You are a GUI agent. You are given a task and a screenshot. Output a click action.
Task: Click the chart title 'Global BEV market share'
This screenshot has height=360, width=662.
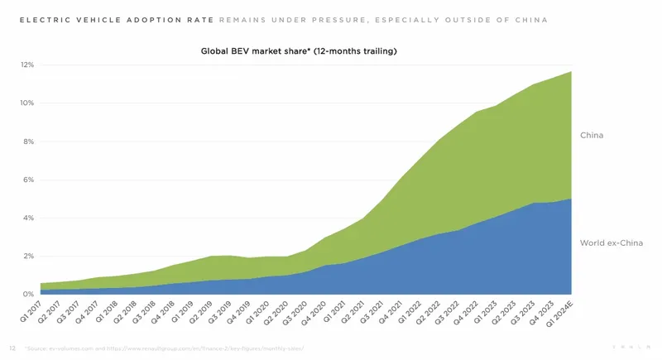click(x=299, y=51)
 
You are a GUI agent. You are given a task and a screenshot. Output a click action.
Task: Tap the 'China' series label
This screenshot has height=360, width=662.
click(x=592, y=134)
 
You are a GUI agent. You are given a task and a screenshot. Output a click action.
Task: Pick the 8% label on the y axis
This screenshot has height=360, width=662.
click(x=28, y=142)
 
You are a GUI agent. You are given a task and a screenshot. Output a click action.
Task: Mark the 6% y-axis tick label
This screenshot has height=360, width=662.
click(x=28, y=180)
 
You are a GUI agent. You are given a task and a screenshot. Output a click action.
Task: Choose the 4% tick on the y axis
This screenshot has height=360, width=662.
click(x=28, y=218)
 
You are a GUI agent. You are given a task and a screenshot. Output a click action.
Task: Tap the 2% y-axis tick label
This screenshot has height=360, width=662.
click(x=28, y=257)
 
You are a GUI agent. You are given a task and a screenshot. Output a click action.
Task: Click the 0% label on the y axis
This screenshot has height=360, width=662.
click(x=28, y=295)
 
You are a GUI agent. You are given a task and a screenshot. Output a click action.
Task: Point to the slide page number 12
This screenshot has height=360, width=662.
click(x=12, y=348)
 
